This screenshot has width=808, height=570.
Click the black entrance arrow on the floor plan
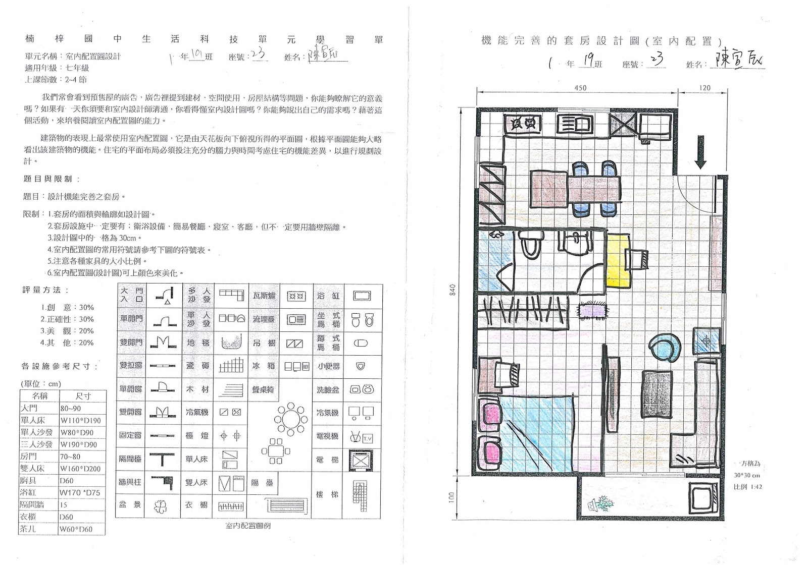(x=700, y=152)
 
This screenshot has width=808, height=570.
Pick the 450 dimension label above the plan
(x=580, y=88)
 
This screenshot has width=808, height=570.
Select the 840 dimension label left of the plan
(x=452, y=290)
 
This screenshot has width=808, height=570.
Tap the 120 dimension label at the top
(x=705, y=88)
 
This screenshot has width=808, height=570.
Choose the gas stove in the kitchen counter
(x=523, y=123)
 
